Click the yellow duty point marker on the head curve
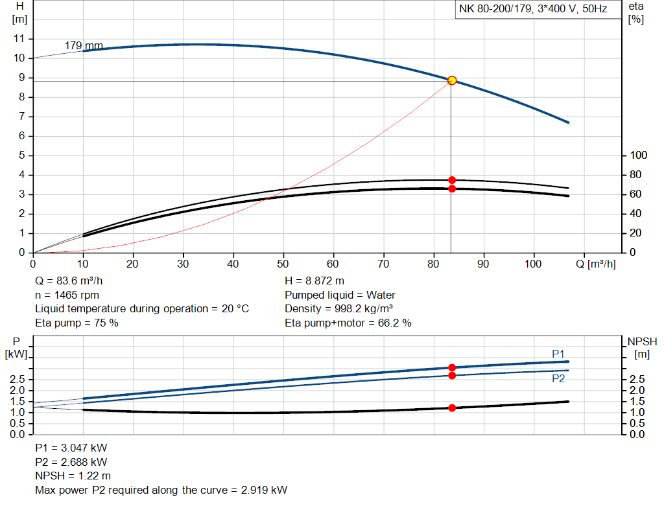452,80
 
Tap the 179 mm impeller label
84,45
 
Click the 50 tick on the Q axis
283,264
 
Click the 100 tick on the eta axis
639,155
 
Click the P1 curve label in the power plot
558,353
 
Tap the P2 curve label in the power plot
558,378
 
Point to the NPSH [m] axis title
642,347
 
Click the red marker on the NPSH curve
452,408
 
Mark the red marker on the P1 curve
452,367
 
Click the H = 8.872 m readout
314,281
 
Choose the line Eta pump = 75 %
77,323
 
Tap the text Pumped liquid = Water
340,295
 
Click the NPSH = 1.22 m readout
73,476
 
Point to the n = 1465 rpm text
67,295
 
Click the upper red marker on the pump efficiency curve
452,180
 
